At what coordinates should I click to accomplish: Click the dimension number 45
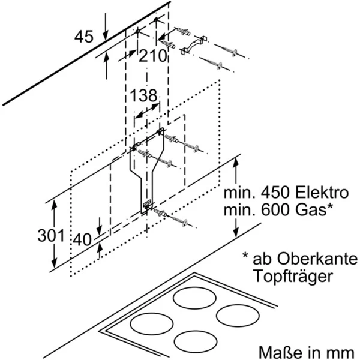click(x=85, y=38)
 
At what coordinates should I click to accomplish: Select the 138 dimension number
click(x=143, y=95)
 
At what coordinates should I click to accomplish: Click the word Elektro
click(x=320, y=194)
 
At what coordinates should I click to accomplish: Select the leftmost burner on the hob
click(x=147, y=324)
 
